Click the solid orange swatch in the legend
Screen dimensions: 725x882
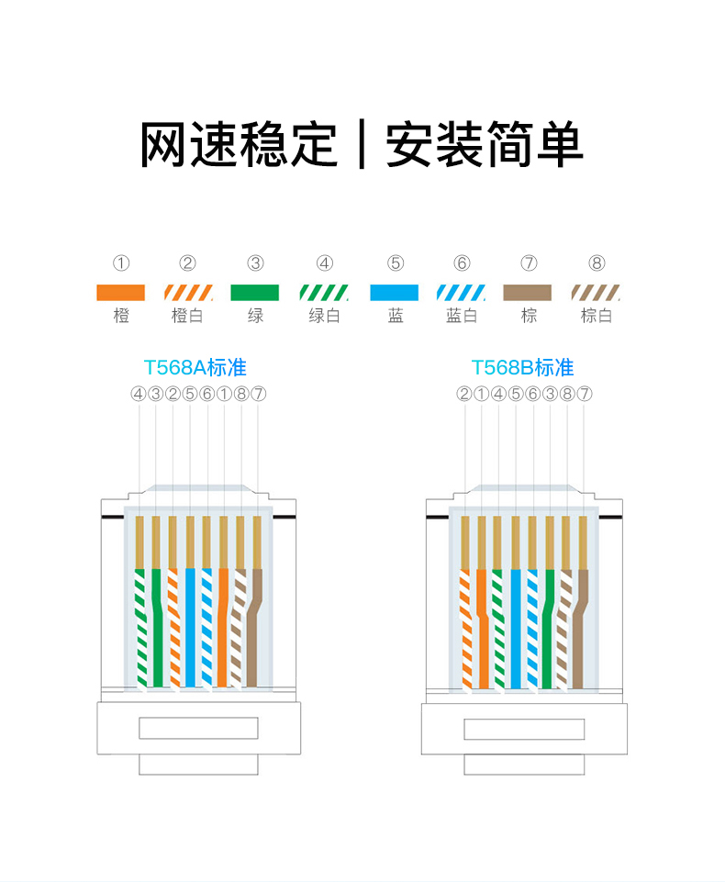(x=120, y=293)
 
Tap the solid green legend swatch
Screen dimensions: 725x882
(x=255, y=293)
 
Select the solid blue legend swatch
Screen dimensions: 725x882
(x=395, y=293)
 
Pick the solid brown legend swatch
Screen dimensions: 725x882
(x=527, y=293)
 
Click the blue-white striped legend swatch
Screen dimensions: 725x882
(x=462, y=293)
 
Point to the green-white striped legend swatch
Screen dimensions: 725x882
(x=324, y=293)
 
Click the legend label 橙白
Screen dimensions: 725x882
(x=187, y=316)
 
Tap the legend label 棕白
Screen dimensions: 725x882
(x=597, y=316)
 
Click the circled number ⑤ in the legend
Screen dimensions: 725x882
(x=396, y=263)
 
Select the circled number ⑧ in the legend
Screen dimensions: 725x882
(x=597, y=263)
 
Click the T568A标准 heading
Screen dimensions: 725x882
(x=195, y=368)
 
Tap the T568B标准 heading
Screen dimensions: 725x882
(x=522, y=368)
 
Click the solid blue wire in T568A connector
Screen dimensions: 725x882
(x=190, y=627)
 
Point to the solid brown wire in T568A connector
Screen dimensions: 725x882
(x=254, y=627)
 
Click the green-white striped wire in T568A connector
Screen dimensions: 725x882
(x=140, y=627)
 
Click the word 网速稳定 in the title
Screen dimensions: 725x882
(x=239, y=145)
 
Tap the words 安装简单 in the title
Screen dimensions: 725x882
(x=485, y=145)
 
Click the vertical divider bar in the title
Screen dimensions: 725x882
(x=362, y=145)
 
